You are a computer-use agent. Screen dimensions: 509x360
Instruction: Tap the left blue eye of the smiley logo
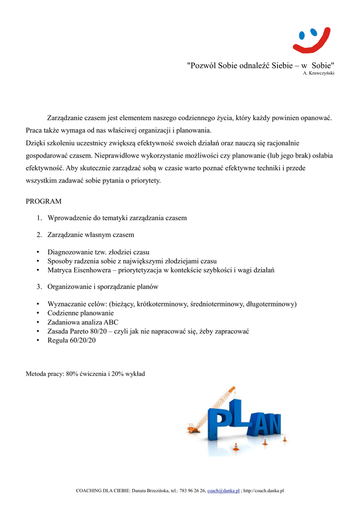[x=302, y=35]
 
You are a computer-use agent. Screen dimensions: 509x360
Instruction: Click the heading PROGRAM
[x=44, y=201]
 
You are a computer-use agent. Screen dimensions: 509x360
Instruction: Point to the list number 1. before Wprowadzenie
[x=39, y=218]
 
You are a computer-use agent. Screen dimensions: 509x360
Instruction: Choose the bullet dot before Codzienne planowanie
[x=38, y=313]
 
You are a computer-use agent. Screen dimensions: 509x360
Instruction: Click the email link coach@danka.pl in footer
[x=223, y=491]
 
